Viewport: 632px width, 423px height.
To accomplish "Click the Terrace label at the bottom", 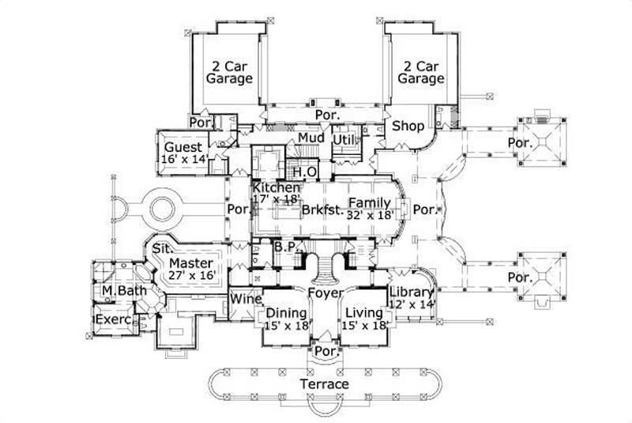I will coord(324,384).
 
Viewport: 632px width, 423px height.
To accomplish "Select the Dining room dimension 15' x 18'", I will coord(285,324).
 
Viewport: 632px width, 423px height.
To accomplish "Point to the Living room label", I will coord(364,312).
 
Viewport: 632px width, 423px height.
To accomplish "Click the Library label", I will coord(412,292).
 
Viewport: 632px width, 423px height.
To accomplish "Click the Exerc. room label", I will coord(113,320).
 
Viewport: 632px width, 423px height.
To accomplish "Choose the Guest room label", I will coord(183,147).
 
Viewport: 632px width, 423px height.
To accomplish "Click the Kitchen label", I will coord(276,188).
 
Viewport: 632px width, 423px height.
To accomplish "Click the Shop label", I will coord(408,127).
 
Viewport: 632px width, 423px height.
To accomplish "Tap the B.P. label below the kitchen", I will coord(284,247).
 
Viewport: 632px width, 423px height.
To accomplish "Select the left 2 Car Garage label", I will coord(229,72).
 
